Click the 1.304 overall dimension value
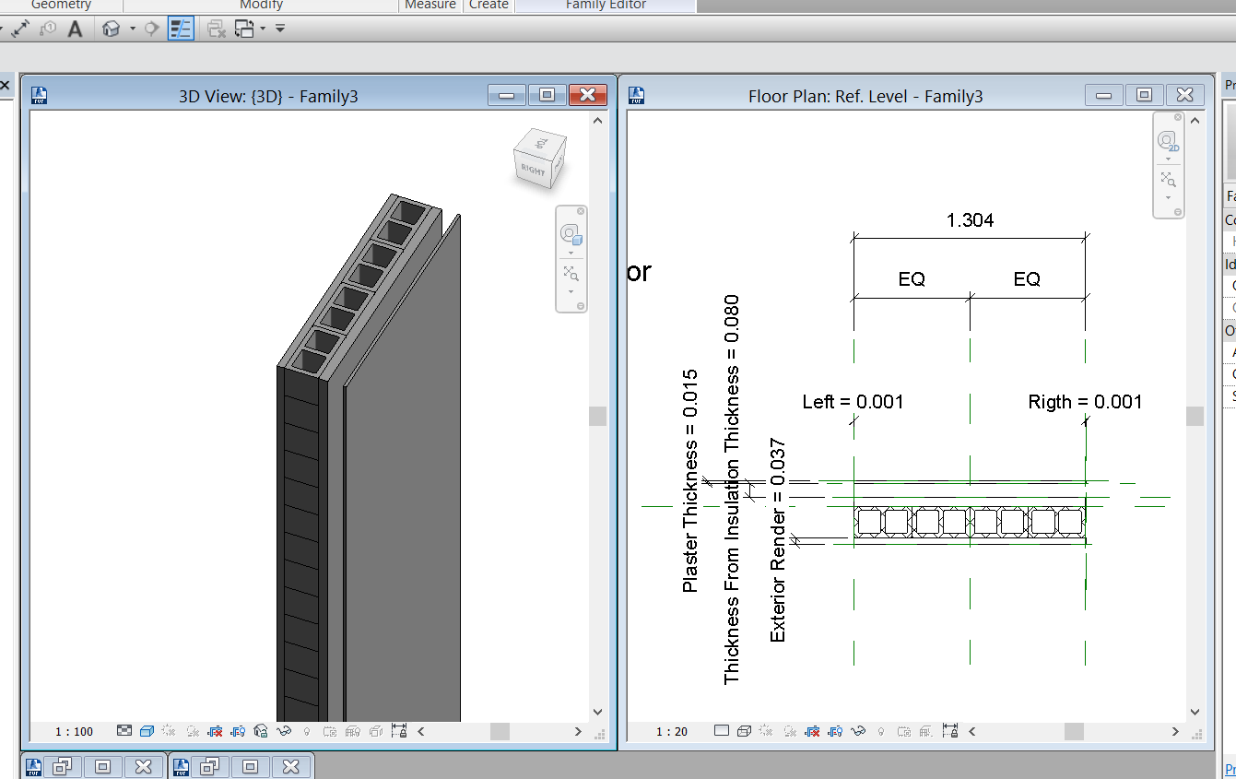(x=970, y=220)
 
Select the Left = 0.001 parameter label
(x=853, y=402)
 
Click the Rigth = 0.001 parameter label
(x=1085, y=402)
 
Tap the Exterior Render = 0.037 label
(x=778, y=540)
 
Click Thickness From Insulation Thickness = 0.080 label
(x=732, y=490)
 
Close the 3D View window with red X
(x=587, y=95)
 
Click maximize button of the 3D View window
(x=547, y=95)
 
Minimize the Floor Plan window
(x=1104, y=95)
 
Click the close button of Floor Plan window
(x=1184, y=95)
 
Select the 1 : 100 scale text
(x=74, y=732)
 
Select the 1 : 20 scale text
(x=672, y=732)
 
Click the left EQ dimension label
(x=912, y=279)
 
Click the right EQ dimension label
(x=1027, y=279)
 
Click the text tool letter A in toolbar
(x=76, y=29)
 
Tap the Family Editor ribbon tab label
(x=606, y=5)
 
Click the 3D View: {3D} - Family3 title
(x=268, y=96)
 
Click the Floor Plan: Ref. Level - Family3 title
(x=865, y=96)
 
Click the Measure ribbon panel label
(x=430, y=5)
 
